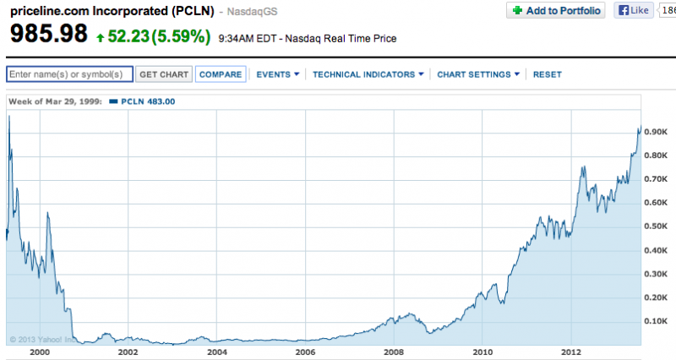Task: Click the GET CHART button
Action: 164,74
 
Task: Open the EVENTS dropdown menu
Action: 278,74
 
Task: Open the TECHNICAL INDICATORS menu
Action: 368,74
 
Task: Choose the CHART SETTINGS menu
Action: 478,74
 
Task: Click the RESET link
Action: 548,74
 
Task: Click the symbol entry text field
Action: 70,74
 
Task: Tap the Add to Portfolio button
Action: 556,11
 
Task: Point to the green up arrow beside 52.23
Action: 101,38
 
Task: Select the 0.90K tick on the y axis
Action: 657,132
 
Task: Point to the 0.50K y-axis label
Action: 657,226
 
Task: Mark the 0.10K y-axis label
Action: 657,321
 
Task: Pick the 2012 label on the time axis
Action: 571,352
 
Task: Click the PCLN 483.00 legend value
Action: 147,101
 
